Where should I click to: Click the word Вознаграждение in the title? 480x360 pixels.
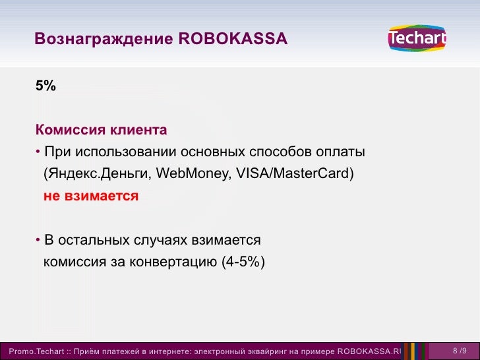(104, 40)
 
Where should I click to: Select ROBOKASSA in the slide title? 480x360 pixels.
(233, 40)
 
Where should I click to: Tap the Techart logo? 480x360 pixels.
(417, 40)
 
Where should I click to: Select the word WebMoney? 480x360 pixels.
(191, 174)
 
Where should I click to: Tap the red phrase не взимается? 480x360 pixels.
(91, 196)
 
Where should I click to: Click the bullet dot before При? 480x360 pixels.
(38, 153)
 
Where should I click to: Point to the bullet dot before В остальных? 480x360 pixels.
(38, 239)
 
